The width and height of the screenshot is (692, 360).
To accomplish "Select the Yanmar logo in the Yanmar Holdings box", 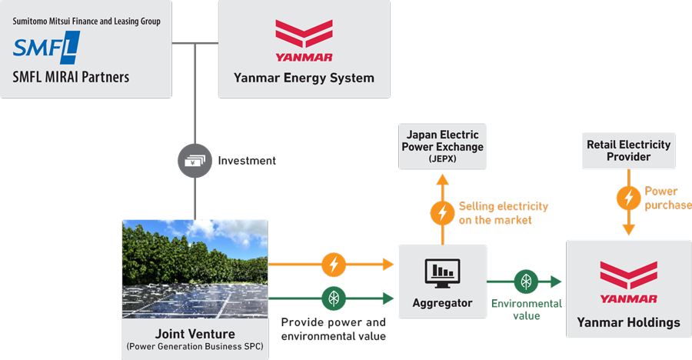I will (628, 281).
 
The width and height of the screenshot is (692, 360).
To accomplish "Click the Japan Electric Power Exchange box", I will (442, 146).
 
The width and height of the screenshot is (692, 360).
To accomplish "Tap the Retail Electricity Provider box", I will (628, 150).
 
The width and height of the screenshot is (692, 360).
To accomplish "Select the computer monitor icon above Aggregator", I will (442, 272).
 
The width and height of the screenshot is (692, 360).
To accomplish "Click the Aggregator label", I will (442, 303).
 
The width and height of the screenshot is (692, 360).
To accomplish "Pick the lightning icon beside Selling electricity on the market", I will (442, 213).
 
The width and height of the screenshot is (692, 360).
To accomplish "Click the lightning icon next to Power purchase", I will (628, 198).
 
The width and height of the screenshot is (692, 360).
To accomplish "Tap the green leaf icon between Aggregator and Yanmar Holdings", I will (527, 282).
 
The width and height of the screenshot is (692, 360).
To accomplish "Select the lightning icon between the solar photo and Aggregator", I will (333, 265).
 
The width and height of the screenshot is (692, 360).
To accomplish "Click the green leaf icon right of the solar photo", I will (333, 296).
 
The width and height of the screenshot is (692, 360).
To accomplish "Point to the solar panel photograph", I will (195, 268).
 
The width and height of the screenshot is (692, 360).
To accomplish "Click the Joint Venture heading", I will (195, 334).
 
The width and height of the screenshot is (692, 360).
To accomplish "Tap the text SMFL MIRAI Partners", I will (71, 77).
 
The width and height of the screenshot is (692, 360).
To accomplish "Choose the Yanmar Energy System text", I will (304, 78).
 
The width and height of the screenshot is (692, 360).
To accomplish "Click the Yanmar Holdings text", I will (628, 322).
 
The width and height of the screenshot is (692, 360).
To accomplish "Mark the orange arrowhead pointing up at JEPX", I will (442, 180).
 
